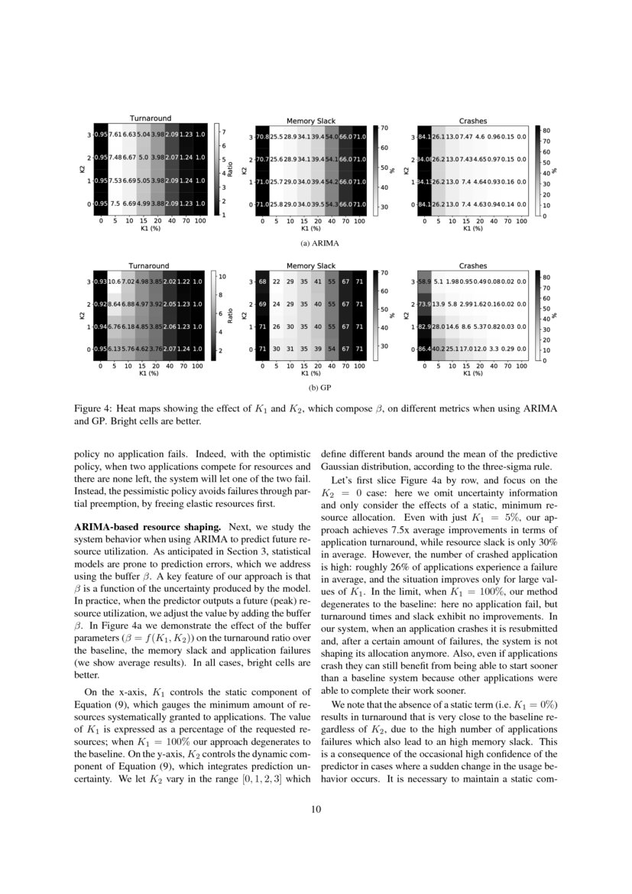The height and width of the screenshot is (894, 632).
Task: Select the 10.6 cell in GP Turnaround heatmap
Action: tap(116, 281)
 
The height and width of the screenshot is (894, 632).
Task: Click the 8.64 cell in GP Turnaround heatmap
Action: tap(116, 304)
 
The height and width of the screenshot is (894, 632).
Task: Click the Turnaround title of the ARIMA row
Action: tap(149, 118)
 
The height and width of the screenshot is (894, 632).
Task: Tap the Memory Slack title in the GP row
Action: tap(310, 266)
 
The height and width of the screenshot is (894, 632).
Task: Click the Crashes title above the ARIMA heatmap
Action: tap(473, 121)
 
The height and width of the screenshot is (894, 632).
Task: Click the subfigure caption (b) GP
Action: tap(310, 388)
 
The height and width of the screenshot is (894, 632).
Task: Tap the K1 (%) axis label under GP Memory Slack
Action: tap(310, 375)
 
